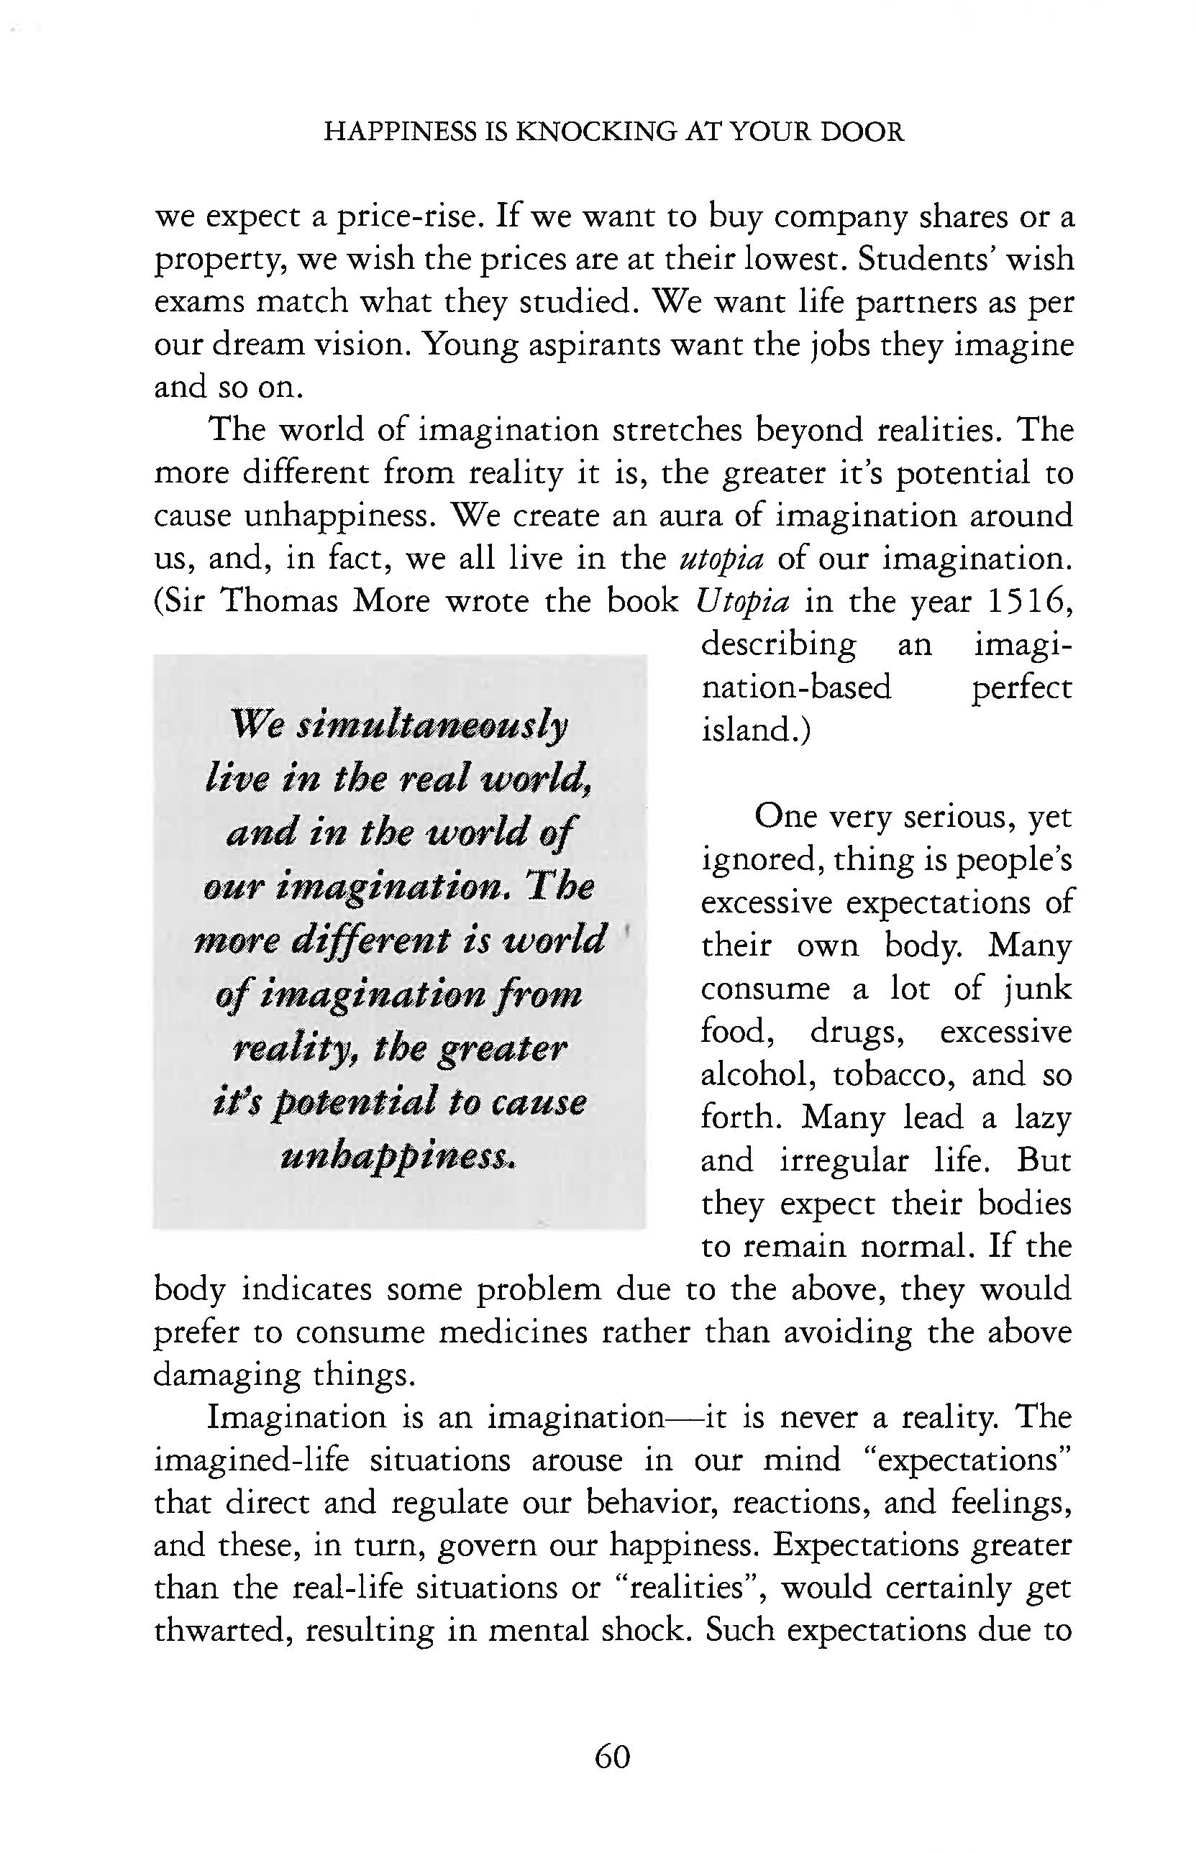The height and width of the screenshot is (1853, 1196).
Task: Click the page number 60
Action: (x=612, y=1756)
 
